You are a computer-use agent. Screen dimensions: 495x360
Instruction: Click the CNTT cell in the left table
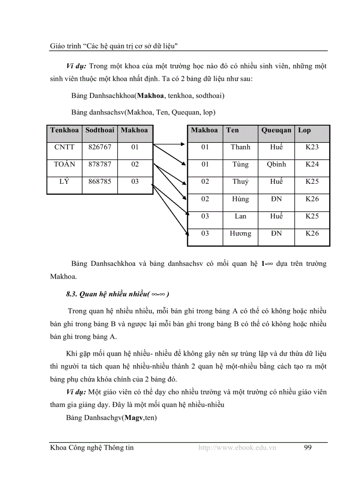click(64, 147)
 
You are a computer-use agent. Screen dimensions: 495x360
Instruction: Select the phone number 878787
click(100, 164)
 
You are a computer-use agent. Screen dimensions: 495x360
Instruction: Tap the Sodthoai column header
click(100, 130)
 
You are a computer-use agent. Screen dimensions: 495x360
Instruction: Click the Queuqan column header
click(276, 130)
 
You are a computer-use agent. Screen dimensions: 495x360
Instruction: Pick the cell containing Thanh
click(240, 147)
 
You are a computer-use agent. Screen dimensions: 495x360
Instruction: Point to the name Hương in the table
click(240, 234)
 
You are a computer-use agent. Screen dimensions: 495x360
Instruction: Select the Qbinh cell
click(276, 164)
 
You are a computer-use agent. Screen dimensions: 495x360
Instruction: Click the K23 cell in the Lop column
click(312, 147)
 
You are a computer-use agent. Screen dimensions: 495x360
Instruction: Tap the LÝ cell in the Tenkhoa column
click(64, 182)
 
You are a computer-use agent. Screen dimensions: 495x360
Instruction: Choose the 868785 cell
click(100, 182)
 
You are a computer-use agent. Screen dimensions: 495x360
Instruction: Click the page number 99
click(308, 448)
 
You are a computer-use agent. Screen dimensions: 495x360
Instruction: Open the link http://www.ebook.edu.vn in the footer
click(237, 448)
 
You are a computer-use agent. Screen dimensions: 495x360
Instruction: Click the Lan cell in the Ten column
click(240, 216)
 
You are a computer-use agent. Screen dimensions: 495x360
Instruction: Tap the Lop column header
click(304, 130)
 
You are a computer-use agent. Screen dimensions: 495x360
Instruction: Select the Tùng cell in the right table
click(240, 164)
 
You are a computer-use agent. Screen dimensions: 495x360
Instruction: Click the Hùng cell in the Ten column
click(240, 199)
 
